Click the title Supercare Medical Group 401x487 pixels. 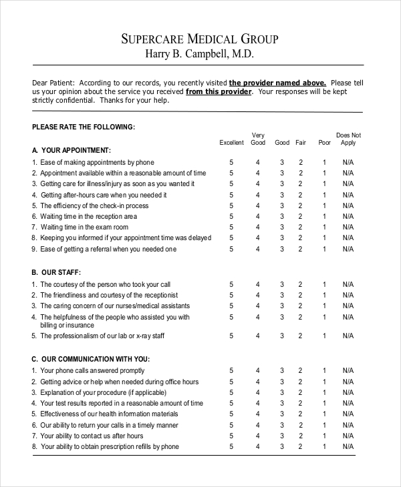(x=200, y=39)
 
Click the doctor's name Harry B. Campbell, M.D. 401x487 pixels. (x=200, y=54)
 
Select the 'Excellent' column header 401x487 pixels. (x=232, y=143)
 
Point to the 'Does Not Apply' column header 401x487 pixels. (x=348, y=139)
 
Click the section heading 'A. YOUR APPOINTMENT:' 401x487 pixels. (x=72, y=150)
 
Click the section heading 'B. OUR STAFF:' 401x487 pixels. (x=57, y=273)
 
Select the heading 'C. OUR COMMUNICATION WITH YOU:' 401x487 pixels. (x=91, y=359)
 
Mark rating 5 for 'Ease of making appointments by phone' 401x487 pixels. (x=232, y=162)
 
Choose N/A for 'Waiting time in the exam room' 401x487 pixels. (x=348, y=227)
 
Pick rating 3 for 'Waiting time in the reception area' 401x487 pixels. (x=282, y=217)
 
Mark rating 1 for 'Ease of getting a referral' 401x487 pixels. (x=325, y=250)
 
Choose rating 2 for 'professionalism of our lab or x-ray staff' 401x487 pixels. (x=301, y=336)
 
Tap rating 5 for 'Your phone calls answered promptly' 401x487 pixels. (x=232, y=371)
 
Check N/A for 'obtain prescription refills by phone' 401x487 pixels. (x=348, y=447)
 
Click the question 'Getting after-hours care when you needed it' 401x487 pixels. (x=104, y=195)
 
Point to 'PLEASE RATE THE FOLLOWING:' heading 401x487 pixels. (x=84, y=126)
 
